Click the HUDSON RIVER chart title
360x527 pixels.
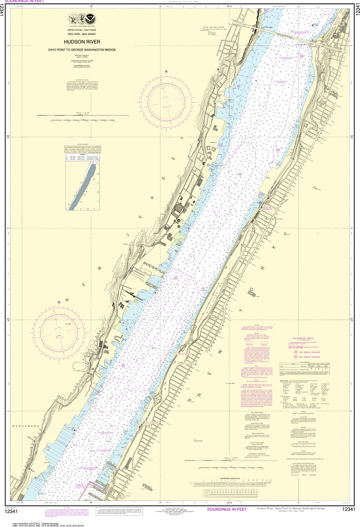[x=82, y=42]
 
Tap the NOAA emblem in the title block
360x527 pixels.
[x=90, y=18]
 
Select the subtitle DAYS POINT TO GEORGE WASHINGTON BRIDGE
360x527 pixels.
[x=82, y=50]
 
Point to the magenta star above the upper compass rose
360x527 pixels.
[x=166, y=72]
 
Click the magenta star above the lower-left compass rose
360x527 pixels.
[x=59, y=302]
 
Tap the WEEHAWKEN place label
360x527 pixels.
[x=26, y=426]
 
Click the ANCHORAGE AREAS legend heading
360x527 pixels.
[x=303, y=338]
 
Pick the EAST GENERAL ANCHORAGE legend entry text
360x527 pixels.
[x=310, y=352]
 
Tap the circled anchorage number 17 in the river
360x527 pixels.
[x=266, y=10]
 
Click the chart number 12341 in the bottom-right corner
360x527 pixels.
[x=349, y=509]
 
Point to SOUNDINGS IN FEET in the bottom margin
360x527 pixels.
[x=227, y=509]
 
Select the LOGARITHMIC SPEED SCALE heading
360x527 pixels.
[x=230, y=479]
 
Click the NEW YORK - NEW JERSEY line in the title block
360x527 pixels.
[x=82, y=34]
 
